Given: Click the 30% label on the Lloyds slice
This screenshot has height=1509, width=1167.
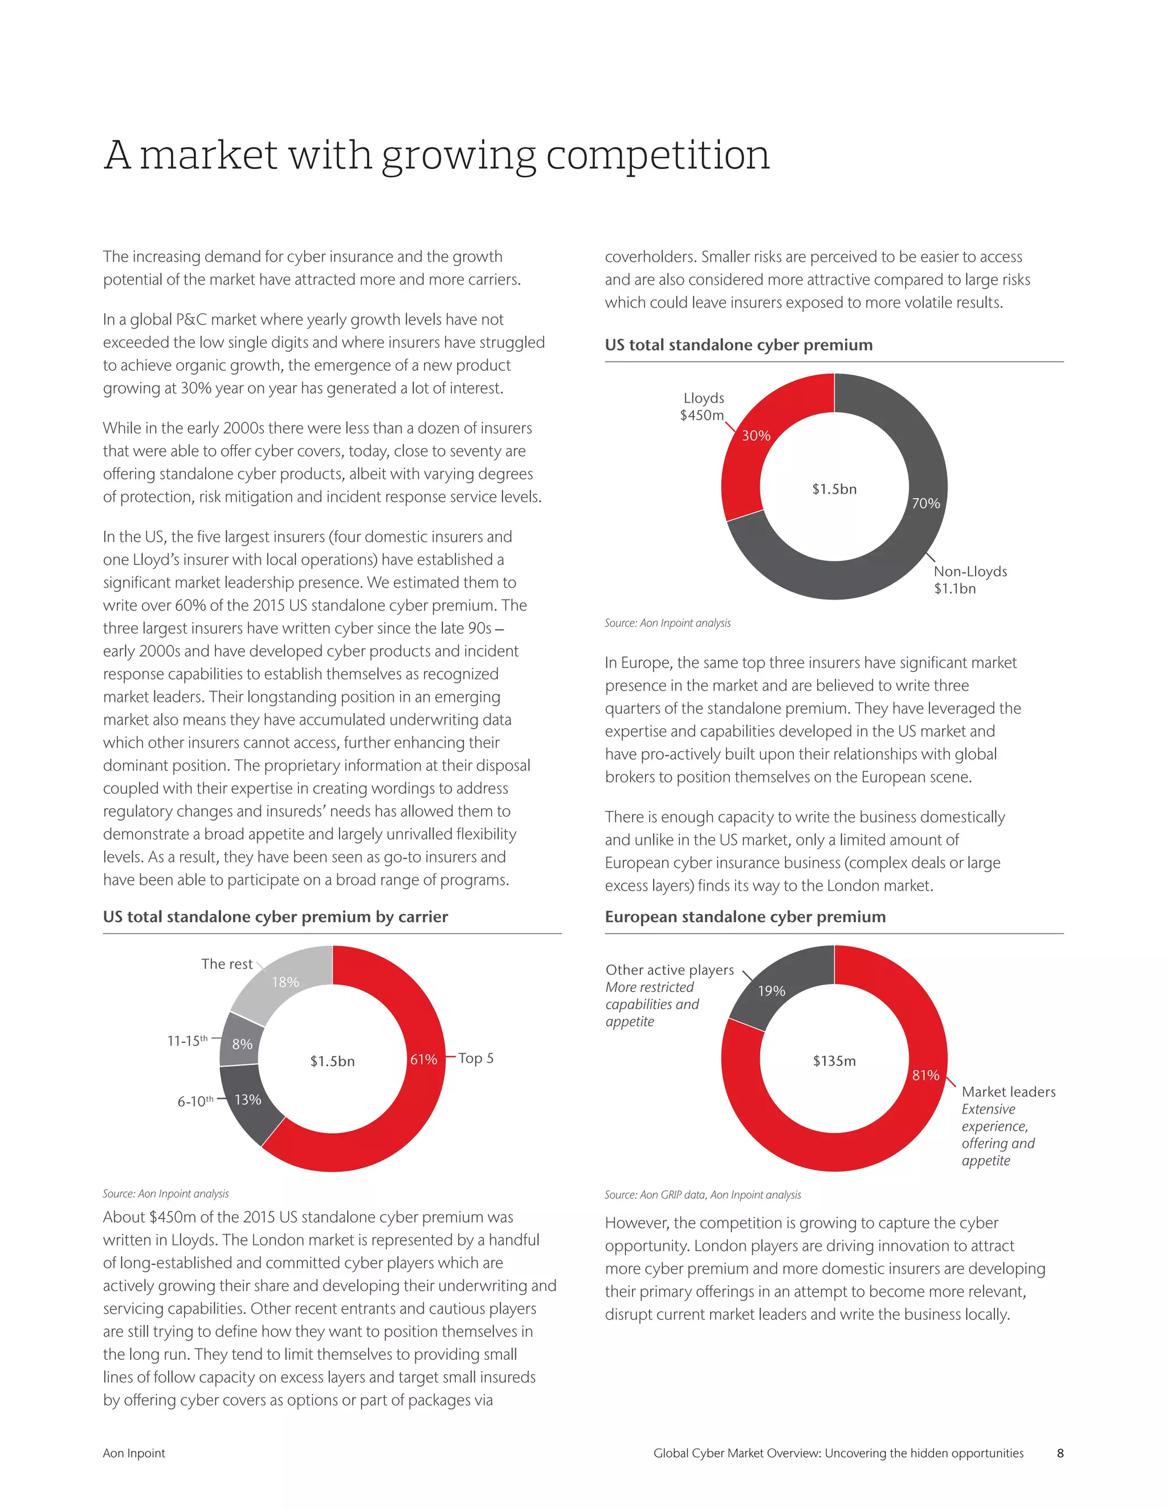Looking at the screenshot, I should [x=756, y=435].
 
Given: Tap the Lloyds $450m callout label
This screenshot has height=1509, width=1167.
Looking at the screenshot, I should [x=703, y=406].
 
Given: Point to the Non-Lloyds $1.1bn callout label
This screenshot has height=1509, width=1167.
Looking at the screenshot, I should [x=970, y=580].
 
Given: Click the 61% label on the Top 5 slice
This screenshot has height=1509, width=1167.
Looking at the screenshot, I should [x=423, y=1059].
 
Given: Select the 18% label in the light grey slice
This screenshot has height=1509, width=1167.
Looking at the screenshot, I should [x=285, y=982].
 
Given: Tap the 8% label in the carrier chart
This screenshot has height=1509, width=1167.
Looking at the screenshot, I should [x=242, y=1044].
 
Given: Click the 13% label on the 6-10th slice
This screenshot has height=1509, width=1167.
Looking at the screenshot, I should [x=247, y=1099].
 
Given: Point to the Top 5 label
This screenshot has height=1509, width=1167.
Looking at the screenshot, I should [x=476, y=1059].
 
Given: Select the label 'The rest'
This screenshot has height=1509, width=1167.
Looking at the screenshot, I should [x=227, y=964].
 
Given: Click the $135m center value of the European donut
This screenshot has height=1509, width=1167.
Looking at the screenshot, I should [x=834, y=1061].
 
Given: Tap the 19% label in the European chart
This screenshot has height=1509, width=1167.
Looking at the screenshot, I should [x=772, y=991].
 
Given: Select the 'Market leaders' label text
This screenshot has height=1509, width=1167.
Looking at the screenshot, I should [x=1008, y=1092].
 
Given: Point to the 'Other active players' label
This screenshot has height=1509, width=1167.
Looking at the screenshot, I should [x=669, y=970].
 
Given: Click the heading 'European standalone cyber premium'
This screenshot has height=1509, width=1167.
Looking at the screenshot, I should [x=745, y=917].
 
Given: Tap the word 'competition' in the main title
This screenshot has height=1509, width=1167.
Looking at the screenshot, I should [x=658, y=155].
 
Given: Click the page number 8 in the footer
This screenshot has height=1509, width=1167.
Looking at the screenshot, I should [x=1060, y=1453].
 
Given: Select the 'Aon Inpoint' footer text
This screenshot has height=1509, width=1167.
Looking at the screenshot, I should [x=134, y=1453].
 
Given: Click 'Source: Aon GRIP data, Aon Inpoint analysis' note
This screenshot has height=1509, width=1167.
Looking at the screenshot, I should [x=703, y=1195].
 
